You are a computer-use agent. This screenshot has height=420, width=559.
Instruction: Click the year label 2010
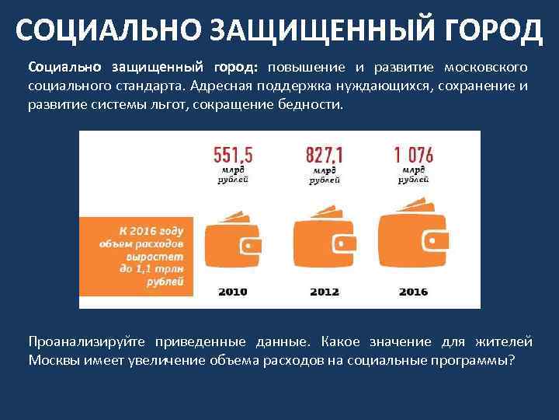coord(232,292)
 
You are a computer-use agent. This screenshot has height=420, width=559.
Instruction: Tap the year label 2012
coord(325,292)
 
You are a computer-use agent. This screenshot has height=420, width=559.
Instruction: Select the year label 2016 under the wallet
coord(414,292)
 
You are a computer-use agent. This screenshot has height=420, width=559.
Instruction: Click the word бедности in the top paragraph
coord(307,103)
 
